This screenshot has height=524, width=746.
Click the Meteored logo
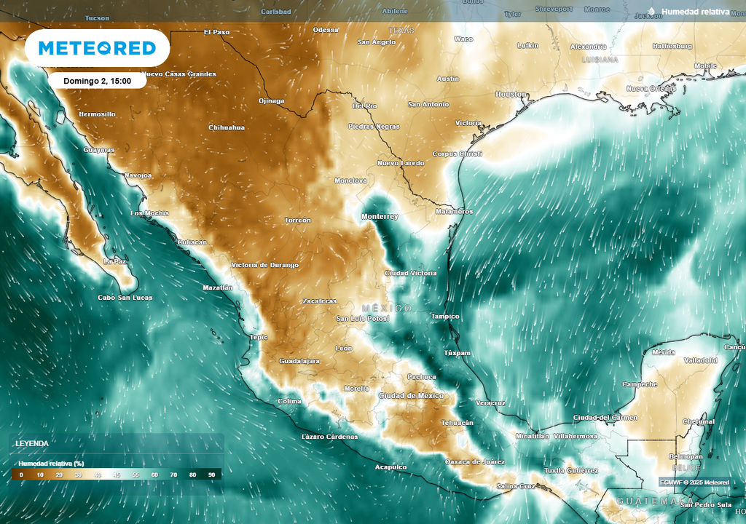click(x=97, y=48)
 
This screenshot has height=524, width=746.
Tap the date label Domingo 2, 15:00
click(x=97, y=81)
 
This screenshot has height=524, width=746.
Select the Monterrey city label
click(x=380, y=217)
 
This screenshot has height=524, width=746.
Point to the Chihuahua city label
click(x=227, y=127)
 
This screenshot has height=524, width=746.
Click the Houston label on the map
click(x=511, y=95)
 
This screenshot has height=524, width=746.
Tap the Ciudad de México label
click(x=411, y=395)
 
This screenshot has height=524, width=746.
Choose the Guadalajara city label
click(x=299, y=361)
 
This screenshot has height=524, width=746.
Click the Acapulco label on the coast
click(x=390, y=467)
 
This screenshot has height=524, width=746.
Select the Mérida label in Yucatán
click(x=664, y=352)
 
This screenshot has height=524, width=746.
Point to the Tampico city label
click(x=445, y=316)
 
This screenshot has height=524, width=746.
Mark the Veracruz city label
click(x=490, y=402)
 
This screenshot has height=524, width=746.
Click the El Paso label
click(x=216, y=32)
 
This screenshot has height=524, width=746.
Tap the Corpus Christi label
click(x=458, y=154)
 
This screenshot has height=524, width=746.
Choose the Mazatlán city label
click(x=218, y=288)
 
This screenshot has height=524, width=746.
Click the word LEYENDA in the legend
click(x=32, y=442)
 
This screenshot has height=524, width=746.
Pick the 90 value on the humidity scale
click(x=211, y=475)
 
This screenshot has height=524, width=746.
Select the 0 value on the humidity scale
click(x=21, y=475)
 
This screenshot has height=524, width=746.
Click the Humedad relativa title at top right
click(x=694, y=12)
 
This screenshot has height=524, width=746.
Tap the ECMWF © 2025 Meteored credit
click(x=694, y=482)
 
